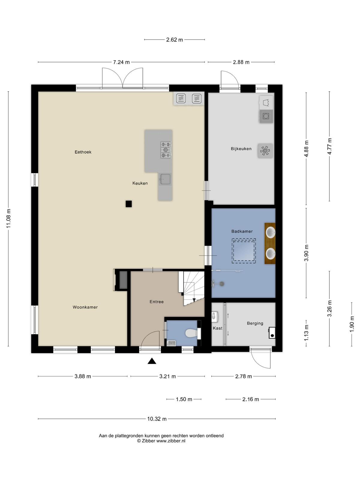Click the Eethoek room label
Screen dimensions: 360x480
(83, 152)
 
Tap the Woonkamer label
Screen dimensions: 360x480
(85, 307)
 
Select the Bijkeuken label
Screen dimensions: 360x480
(241, 149)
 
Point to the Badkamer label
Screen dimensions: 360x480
(242, 231)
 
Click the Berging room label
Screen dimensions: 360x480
(255, 323)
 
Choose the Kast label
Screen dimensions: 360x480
(217, 328)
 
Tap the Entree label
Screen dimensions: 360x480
(157, 301)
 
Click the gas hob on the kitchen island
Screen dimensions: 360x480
(166, 150)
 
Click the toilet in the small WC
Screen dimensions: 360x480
(191, 333)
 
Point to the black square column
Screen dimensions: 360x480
(128, 204)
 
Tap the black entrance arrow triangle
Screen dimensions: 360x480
(152, 361)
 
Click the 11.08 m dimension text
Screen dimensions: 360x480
(8, 218)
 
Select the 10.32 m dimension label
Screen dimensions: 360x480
(157, 419)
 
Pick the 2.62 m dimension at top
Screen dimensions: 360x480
(174, 40)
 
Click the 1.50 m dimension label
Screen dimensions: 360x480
(184, 399)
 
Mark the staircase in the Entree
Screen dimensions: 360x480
(191, 288)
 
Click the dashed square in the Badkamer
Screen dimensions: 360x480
(244, 251)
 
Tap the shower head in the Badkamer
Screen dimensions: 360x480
(222, 284)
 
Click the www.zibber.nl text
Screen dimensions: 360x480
(171, 441)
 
